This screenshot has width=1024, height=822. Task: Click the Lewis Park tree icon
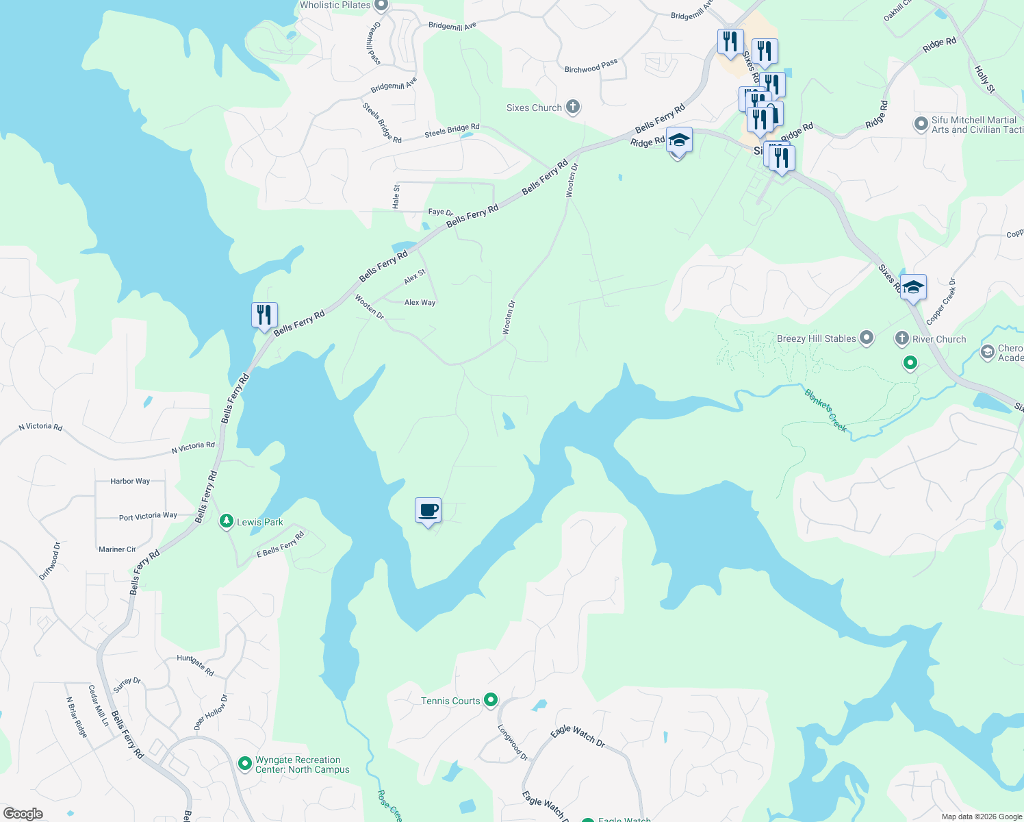[226, 522]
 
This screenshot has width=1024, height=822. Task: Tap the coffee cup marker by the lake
[428, 510]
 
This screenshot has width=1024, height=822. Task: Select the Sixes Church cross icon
[573, 107]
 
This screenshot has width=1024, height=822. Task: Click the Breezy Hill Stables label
[816, 338]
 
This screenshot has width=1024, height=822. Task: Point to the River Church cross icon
[902, 338]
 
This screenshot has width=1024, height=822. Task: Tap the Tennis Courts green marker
[490, 700]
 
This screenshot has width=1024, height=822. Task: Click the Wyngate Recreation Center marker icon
[244, 763]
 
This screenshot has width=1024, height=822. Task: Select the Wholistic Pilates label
[335, 5]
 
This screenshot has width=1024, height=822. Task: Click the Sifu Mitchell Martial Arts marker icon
[921, 124]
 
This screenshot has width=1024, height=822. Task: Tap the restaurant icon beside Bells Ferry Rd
[264, 315]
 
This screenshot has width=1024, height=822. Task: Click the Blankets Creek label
[825, 410]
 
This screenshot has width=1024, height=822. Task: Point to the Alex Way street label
[420, 302]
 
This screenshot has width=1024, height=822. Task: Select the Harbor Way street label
[130, 481]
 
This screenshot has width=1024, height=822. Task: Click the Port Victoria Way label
[148, 516]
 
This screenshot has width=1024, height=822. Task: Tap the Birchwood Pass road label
[591, 66]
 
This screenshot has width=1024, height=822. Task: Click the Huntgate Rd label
[195, 665]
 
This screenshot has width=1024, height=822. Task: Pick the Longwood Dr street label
[513, 743]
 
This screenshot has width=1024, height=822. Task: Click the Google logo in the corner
[23, 813]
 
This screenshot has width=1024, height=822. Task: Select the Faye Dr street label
[441, 212]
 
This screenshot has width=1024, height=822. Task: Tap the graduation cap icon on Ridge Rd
[678, 140]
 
